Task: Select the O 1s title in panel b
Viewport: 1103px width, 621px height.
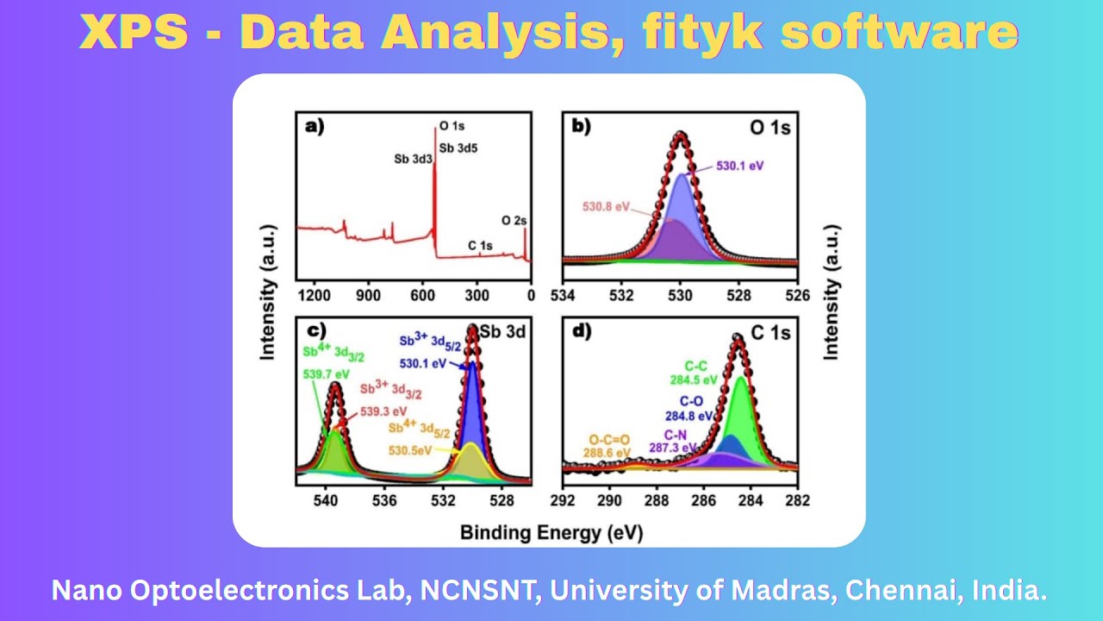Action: pos(770,127)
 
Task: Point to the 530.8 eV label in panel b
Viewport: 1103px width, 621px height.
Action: pos(607,208)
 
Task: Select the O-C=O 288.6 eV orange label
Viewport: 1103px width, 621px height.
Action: pos(610,445)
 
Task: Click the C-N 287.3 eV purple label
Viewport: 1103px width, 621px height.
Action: pos(673,441)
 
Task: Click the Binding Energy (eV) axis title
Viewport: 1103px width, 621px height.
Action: pos(551,531)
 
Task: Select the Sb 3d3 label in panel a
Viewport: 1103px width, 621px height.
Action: pos(412,159)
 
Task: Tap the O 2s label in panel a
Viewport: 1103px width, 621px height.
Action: pos(514,221)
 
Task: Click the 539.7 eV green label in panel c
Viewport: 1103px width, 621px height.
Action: pos(327,374)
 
